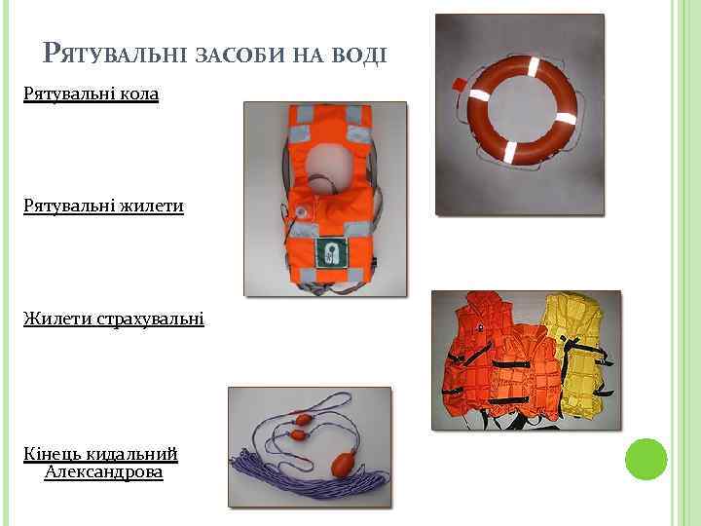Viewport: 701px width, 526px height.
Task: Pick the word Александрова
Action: tap(103, 472)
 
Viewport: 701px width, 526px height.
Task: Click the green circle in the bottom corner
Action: tap(645, 459)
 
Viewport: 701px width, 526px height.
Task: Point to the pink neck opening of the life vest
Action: tap(325, 160)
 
